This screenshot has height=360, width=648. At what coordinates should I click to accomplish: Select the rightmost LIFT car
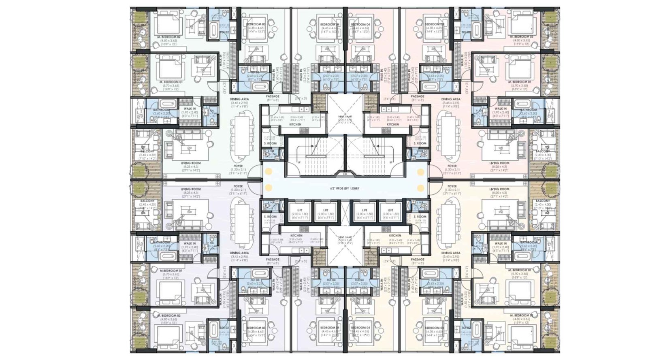coord(389,213)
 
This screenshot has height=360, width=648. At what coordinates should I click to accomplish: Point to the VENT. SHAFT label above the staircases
coord(345,117)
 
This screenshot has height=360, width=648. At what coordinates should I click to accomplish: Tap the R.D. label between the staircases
coord(345,174)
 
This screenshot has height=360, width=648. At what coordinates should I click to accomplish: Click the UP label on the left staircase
coord(299,162)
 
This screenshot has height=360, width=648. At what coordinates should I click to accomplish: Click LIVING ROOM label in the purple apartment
coord(191,189)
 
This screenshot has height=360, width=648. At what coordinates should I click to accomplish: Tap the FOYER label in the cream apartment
coord(452,186)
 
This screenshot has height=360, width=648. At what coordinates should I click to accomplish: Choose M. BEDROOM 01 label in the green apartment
coord(171,82)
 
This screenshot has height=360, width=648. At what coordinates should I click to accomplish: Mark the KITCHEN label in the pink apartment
coord(393,124)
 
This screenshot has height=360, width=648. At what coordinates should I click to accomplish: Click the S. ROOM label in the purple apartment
coord(270,217)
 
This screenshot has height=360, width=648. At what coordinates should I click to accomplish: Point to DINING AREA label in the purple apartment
coord(239,253)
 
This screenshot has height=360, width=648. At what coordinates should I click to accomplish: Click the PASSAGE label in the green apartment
coord(273,96)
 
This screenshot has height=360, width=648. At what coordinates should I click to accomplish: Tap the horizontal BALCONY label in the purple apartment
coord(147,201)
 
